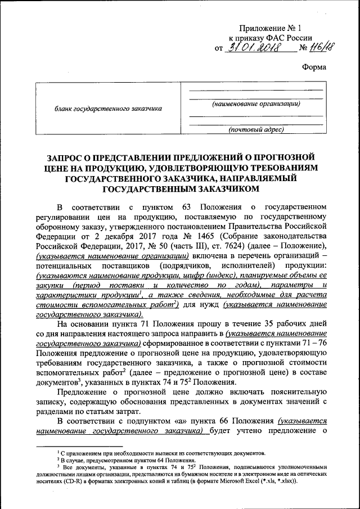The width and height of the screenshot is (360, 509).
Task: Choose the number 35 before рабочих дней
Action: tap(259, 323)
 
